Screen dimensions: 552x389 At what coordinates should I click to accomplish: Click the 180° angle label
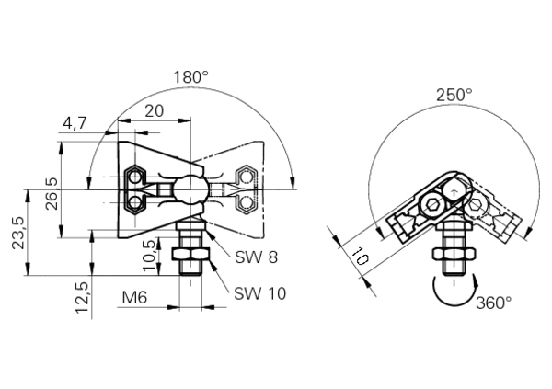click(x=191, y=77)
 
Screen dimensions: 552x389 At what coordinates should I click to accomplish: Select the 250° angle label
click(x=454, y=95)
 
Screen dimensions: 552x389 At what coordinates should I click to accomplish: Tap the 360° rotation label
click(x=493, y=303)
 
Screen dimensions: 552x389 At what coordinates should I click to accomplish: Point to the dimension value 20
click(x=155, y=111)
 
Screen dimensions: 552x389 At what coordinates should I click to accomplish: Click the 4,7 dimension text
click(x=75, y=123)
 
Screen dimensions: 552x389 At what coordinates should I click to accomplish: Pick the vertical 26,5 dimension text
click(x=52, y=194)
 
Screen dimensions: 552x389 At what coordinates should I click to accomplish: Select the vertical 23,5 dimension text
click(x=18, y=233)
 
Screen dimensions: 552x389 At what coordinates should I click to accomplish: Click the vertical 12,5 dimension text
click(x=82, y=297)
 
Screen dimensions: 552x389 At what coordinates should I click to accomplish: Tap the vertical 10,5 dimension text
click(x=150, y=256)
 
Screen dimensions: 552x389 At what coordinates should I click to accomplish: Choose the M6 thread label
click(x=134, y=298)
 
